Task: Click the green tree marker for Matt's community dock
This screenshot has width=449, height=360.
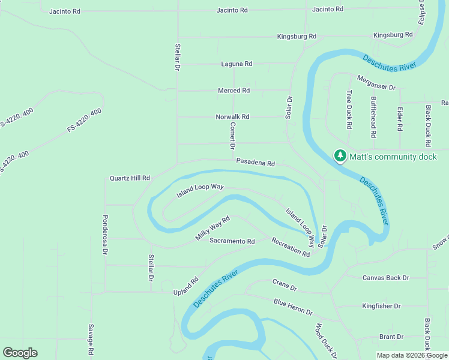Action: coord(340,157)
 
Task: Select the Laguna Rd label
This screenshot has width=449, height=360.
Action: coord(237,64)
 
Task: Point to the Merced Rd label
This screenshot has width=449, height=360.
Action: coord(234,91)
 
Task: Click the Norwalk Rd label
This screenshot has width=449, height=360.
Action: coord(232,117)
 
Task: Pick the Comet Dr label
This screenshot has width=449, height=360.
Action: coord(233,136)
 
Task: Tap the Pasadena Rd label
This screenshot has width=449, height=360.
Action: coord(255,163)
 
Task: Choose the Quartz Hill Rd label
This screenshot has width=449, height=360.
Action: coord(129,178)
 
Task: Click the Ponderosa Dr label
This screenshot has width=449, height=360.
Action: coord(105,235)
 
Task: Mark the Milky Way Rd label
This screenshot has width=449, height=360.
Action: coord(212,229)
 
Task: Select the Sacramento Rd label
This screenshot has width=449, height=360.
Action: coord(232,241)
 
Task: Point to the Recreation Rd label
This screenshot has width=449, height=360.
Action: coord(291,247)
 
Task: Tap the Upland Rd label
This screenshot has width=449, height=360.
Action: coord(186,285)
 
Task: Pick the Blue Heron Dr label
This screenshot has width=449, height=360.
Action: coord(293,307)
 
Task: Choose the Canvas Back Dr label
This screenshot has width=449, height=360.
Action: coord(385,278)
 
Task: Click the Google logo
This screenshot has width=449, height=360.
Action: coord(20,353)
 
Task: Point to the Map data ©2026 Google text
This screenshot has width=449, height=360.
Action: coord(411,355)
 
